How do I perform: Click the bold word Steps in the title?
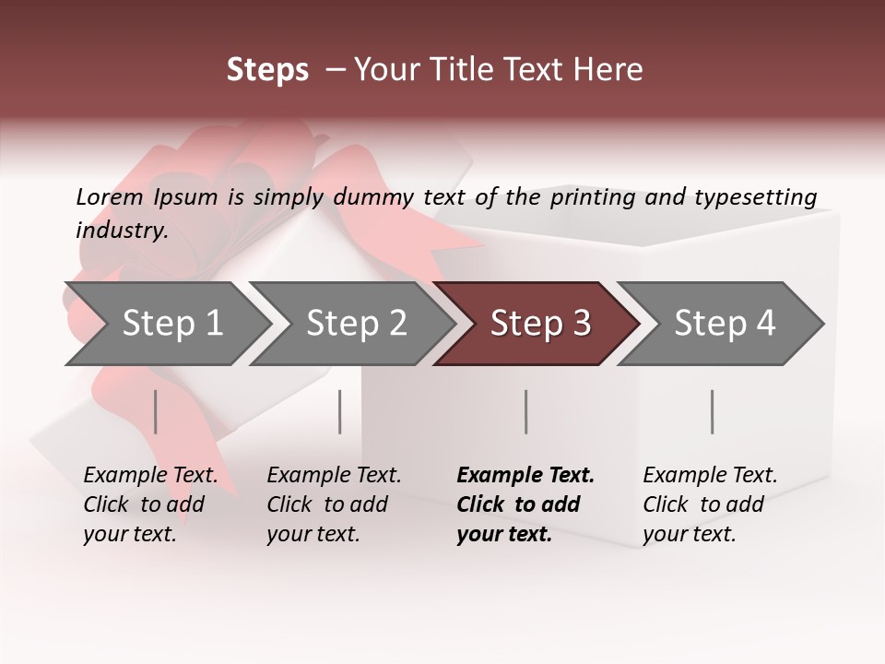pyautogui.click(x=267, y=70)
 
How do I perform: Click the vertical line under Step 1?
pyautogui.click(x=156, y=411)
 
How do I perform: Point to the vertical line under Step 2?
pyautogui.click(x=340, y=411)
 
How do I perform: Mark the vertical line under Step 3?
pyautogui.click(x=526, y=411)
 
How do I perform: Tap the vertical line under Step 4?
pyautogui.click(x=713, y=411)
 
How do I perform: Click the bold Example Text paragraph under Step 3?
pyautogui.click(x=525, y=504)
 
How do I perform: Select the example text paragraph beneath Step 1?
pyautogui.click(x=150, y=504)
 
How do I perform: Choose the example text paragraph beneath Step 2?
pyautogui.click(x=334, y=504)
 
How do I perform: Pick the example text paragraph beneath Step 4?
pyautogui.click(x=710, y=504)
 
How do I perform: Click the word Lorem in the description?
pyautogui.click(x=110, y=197)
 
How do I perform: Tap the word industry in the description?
pyautogui.click(x=121, y=231)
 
